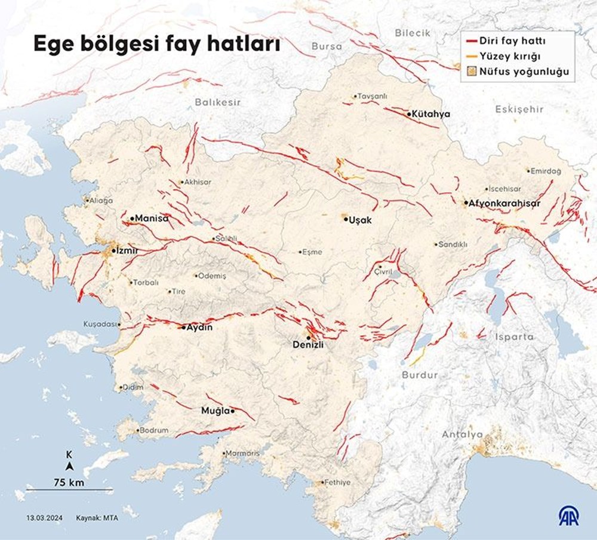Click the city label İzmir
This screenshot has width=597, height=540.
[x=127, y=251]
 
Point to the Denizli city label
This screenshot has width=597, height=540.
[x=307, y=344]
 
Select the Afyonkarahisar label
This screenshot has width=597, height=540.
[x=504, y=203]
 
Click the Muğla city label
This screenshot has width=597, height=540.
[x=215, y=411]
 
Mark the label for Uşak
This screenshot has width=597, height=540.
[x=361, y=220]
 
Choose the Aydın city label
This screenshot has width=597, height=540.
[x=199, y=327]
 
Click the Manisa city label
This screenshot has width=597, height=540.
[x=152, y=218]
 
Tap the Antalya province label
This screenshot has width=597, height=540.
[x=462, y=434]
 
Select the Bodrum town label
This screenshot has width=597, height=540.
[x=153, y=430]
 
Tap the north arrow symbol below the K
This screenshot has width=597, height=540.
[x=70, y=467]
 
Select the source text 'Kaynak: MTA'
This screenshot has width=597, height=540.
[x=97, y=518]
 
